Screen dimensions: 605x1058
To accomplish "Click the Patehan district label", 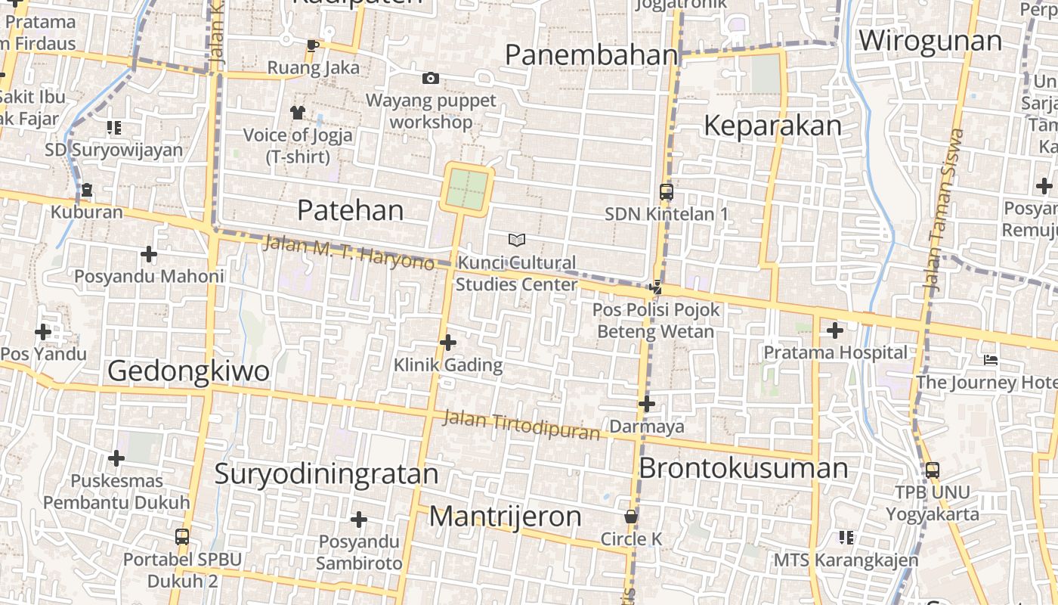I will (x=350, y=209).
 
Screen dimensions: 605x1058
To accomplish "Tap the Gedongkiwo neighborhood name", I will (x=188, y=371).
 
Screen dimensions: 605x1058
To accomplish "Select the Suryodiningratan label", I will (x=326, y=473).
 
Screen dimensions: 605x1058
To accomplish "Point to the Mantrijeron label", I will (x=505, y=517).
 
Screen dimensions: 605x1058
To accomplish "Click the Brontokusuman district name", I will (x=743, y=468).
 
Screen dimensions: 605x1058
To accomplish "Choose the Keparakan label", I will (x=772, y=126).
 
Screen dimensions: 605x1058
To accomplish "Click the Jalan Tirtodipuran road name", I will (x=521, y=425).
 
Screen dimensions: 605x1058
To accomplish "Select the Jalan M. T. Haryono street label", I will (x=348, y=253).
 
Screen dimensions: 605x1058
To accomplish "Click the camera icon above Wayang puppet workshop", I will (x=430, y=78).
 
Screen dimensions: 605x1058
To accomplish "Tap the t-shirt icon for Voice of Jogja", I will (x=297, y=113).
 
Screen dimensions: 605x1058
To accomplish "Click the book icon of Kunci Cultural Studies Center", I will (x=516, y=240).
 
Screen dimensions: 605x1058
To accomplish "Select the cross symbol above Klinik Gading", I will (x=448, y=343).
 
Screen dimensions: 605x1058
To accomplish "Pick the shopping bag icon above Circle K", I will (x=631, y=517).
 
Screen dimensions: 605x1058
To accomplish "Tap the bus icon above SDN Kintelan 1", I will (x=666, y=192).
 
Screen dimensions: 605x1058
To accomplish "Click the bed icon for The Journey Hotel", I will (x=991, y=360).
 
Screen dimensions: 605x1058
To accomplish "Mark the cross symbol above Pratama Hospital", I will (x=834, y=330).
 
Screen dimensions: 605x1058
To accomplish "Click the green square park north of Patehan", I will (x=467, y=189).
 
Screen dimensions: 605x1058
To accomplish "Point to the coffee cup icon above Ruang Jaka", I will (x=312, y=46).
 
